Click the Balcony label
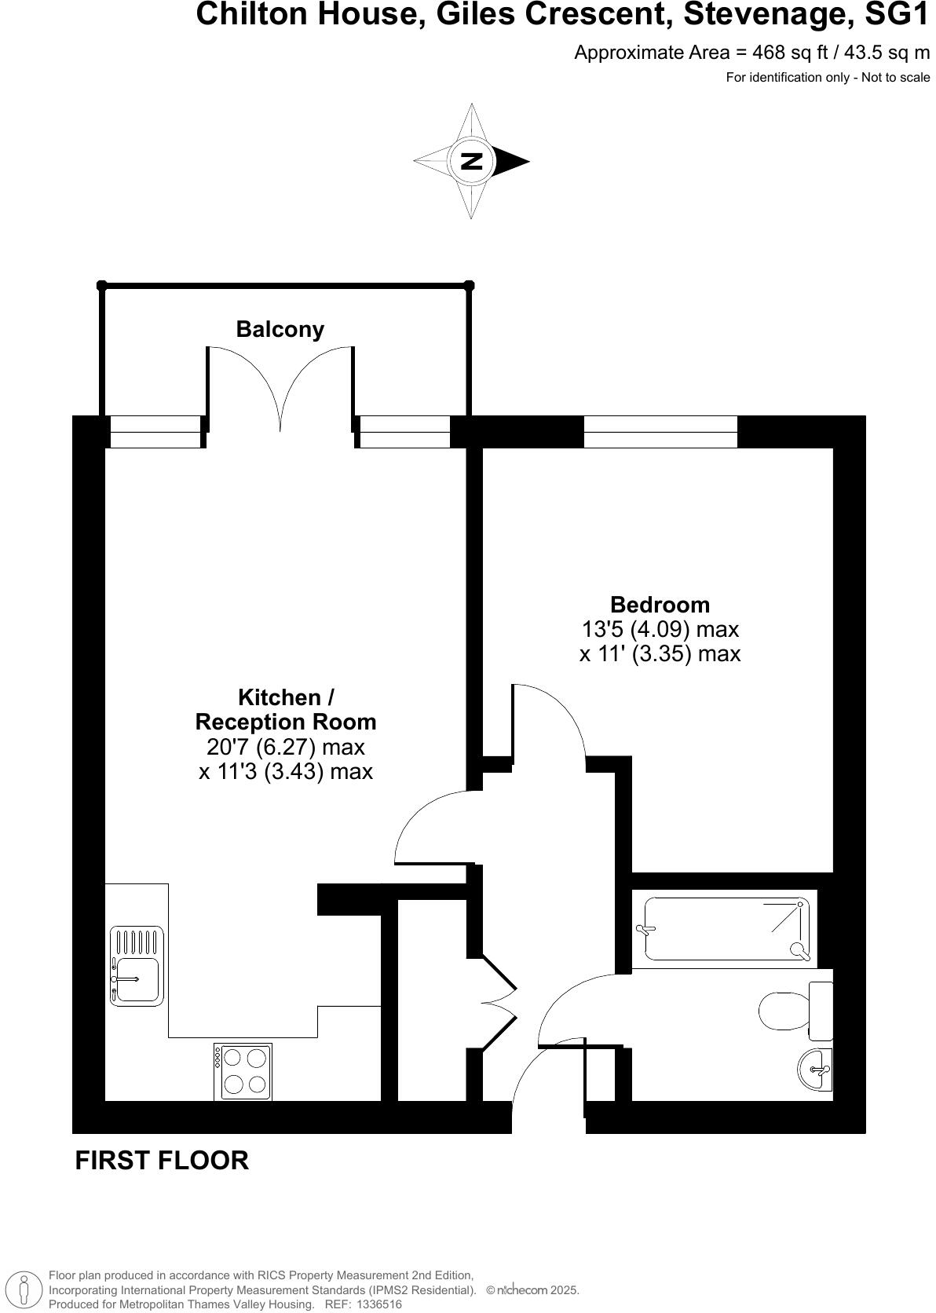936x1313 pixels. [x=280, y=329]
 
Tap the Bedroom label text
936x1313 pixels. [x=660, y=605]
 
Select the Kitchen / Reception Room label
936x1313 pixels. [x=286, y=709]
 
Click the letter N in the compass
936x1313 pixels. [x=471, y=161]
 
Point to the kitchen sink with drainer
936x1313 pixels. [x=137, y=967]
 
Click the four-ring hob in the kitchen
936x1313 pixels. [x=243, y=1072]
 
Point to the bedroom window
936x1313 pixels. [x=660, y=431]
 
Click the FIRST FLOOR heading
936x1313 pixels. [x=162, y=1161]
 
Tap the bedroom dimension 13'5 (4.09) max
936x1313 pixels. [x=660, y=629]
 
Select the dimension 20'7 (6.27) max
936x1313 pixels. [x=286, y=746]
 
